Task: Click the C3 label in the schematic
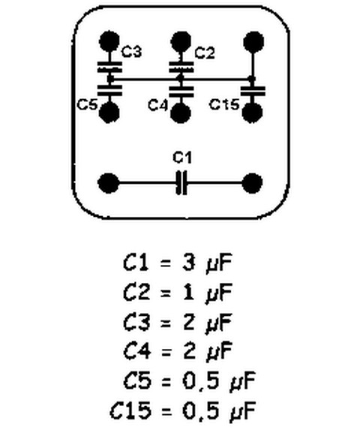point(131,52)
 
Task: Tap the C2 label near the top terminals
point(205,53)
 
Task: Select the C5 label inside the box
point(87,104)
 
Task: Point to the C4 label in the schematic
point(157,105)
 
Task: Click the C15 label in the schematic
point(224,104)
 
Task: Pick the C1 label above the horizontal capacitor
point(182,158)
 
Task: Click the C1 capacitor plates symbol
point(181,183)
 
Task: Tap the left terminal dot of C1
point(109,183)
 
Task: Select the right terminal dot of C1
point(252,183)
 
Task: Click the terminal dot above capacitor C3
point(109,41)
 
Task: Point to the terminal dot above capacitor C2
point(181,42)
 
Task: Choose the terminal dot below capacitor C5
point(109,113)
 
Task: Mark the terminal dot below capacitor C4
point(181,113)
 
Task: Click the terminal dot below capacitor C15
point(252,113)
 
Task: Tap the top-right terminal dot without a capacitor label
point(253,42)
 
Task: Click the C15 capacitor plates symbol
point(253,91)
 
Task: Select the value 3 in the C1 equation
point(189,263)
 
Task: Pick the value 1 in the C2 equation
point(188,292)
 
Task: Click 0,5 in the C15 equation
point(201,411)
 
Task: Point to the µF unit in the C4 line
point(219,352)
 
